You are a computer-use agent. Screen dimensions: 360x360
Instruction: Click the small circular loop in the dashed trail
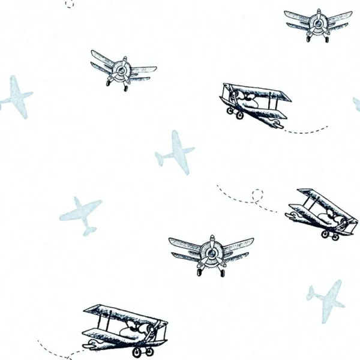pos(257,194)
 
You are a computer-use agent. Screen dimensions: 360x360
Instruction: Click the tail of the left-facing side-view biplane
pos(275,124)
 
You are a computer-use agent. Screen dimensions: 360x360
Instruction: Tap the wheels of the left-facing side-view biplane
pos(234,112)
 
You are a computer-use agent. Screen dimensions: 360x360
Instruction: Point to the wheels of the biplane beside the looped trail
pos(330,235)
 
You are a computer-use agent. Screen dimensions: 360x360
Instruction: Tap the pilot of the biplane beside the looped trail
pos(329,216)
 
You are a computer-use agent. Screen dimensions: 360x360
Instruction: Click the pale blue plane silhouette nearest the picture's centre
pos(175,152)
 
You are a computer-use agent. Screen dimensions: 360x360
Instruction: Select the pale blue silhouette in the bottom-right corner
pos(327,301)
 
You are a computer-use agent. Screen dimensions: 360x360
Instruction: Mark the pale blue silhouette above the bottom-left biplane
pos(81,214)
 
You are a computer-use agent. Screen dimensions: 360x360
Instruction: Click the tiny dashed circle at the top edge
pos(69,3)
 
